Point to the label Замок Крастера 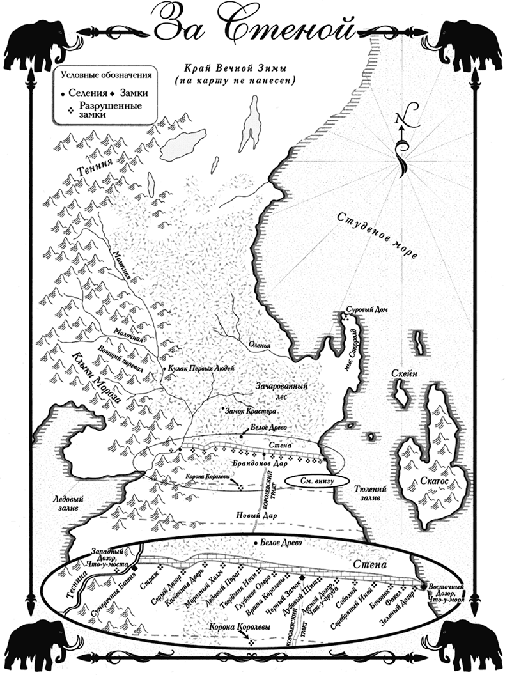tap(250, 410)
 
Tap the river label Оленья tap(260, 346)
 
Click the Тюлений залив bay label tap(367, 492)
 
